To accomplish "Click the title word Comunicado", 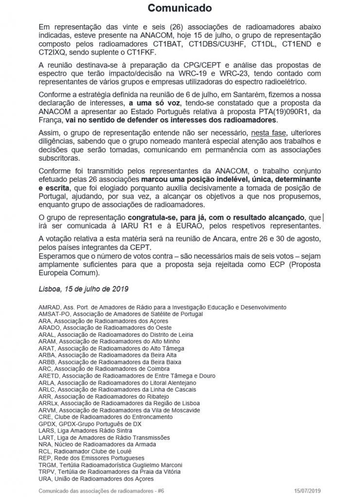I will point(180,8).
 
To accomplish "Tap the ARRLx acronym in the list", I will point(49,403).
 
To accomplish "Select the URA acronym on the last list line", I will point(45,479).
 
